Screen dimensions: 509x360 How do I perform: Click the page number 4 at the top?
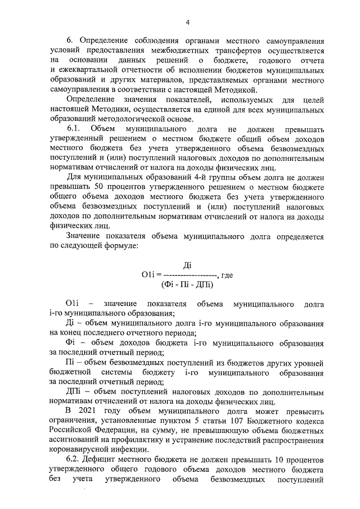click(188, 22)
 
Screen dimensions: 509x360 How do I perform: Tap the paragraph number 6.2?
click(75, 458)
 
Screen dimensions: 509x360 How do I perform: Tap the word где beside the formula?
click(227, 275)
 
